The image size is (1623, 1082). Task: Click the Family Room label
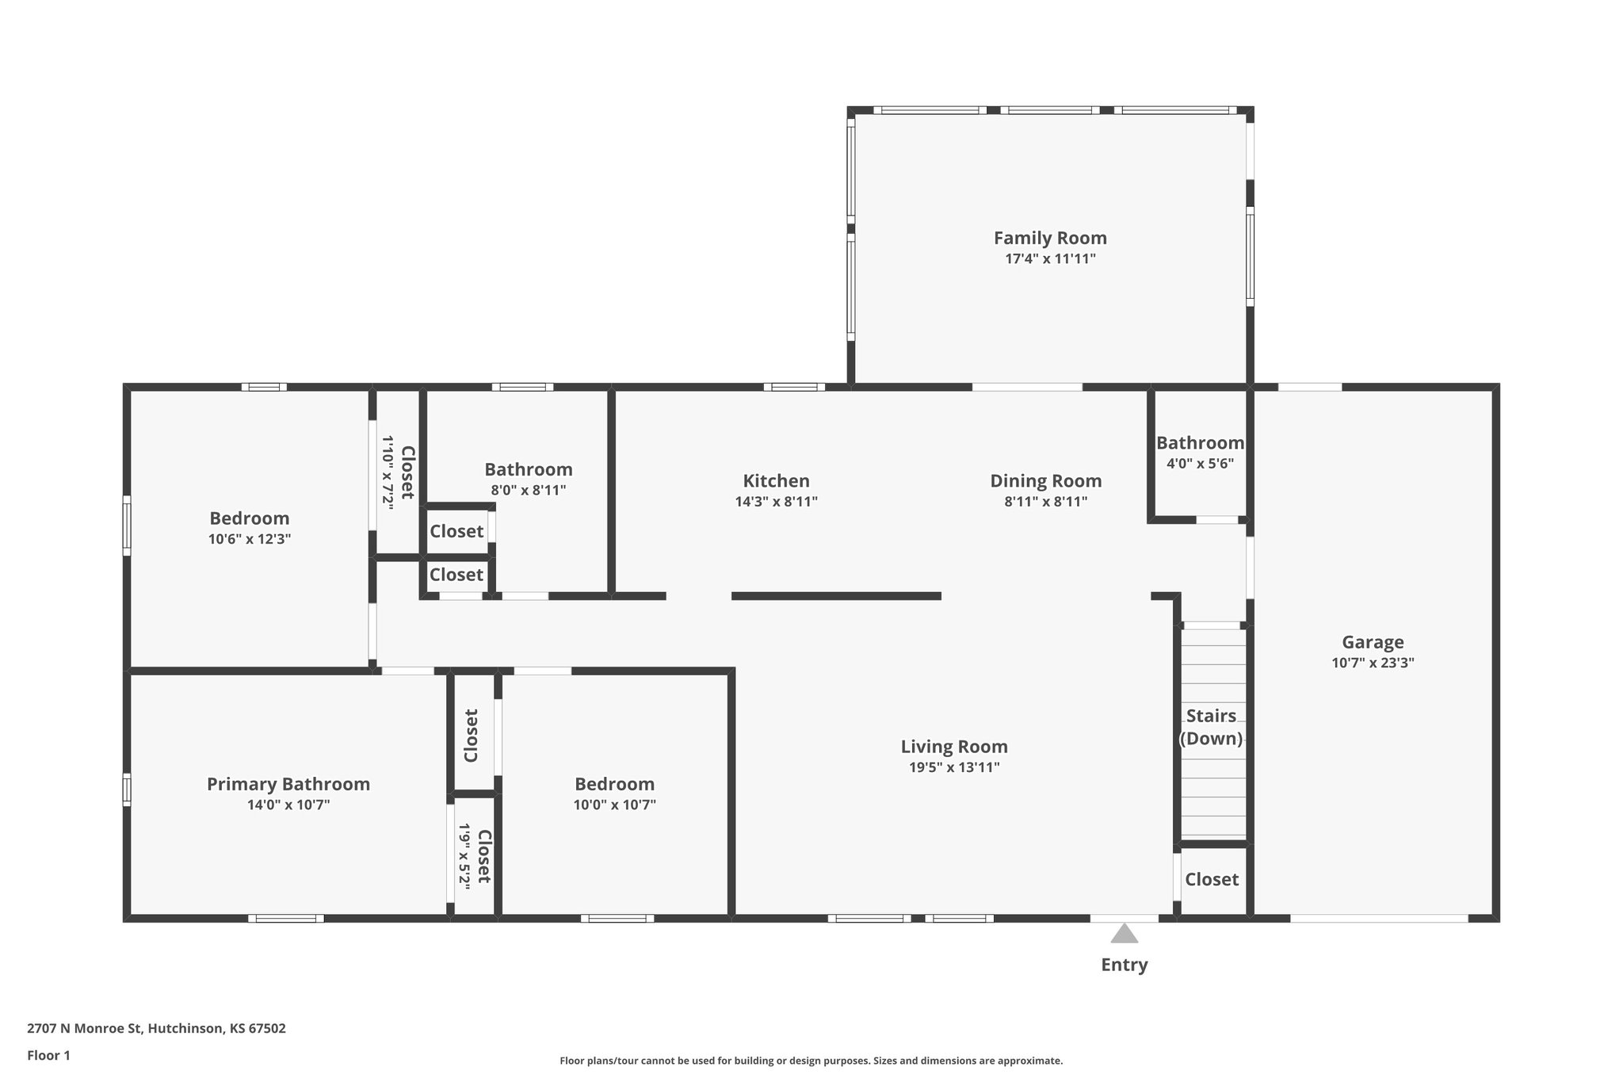pos(1050,238)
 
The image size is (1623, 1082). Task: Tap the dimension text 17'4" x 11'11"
pos(1050,258)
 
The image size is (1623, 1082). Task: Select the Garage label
pos(1373,642)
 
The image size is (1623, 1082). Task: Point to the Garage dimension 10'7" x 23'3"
pos(1373,663)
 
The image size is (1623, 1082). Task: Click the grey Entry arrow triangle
pos(1124,935)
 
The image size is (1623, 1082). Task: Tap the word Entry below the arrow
pos(1124,965)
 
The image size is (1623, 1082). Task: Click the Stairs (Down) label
pos(1211,727)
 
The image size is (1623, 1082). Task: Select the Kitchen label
pos(776,481)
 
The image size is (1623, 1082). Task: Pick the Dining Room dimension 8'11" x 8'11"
pos(1045,502)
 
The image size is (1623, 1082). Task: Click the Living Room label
pos(954,747)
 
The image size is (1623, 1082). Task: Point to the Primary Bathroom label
pos(288,784)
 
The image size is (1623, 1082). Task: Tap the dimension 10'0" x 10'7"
pos(615,805)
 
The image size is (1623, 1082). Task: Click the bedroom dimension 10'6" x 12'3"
pos(250,539)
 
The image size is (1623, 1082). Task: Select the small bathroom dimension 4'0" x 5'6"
pos(1200,464)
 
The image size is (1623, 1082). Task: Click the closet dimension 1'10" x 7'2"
pos(388,472)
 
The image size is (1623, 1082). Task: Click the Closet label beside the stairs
pos(1212,879)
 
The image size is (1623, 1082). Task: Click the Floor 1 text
pos(48,1055)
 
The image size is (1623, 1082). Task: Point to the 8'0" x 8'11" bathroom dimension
pos(529,490)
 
